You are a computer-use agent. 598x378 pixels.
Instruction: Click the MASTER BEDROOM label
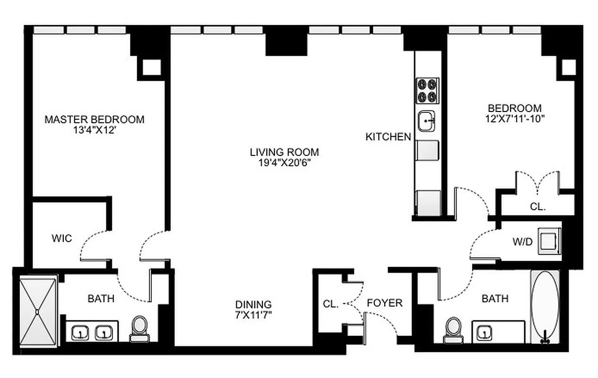tap(94, 120)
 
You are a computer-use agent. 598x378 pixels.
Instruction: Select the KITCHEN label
tap(388, 137)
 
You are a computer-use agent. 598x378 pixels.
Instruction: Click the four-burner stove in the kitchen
tap(427, 90)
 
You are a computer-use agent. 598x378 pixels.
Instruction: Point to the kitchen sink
tap(427, 121)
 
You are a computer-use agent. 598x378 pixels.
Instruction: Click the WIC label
tap(62, 238)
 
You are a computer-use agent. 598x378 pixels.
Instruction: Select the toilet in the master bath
tap(139, 328)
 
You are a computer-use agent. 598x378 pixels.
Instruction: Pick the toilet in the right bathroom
tap(453, 329)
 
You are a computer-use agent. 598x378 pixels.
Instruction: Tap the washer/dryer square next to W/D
tap(549, 241)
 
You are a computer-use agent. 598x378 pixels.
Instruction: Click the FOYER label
tap(384, 303)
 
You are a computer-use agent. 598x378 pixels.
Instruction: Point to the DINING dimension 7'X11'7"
tap(254, 315)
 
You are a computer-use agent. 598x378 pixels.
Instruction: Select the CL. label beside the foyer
tap(330, 305)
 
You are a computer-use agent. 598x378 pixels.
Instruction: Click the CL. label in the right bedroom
tap(537, 207)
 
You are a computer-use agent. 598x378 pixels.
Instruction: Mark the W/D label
tap(522, 242)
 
